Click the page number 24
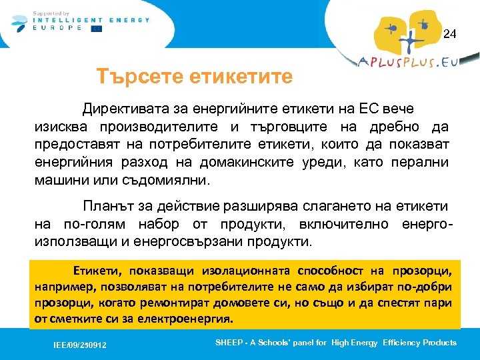(x=450, y=33)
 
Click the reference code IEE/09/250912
(x=80, y=345)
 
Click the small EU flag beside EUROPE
(x=97, y=29)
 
